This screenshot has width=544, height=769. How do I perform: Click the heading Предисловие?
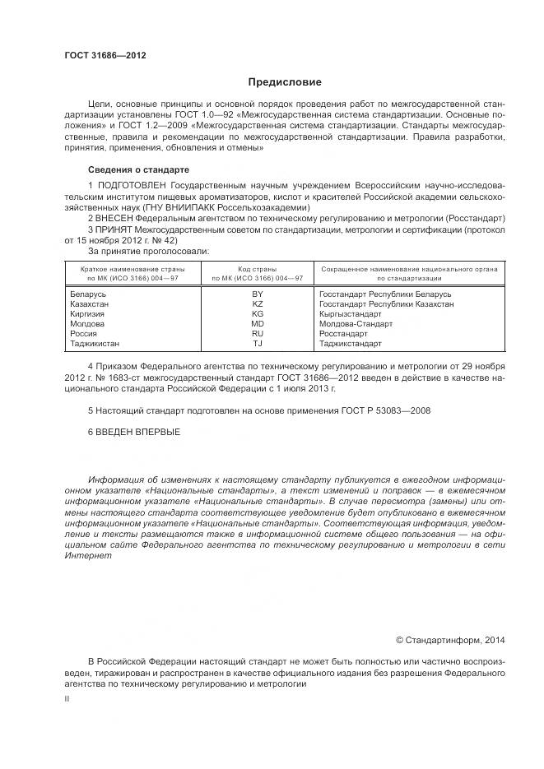[x=286, y=82]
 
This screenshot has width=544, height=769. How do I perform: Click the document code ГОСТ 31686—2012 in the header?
[x=105, y=55]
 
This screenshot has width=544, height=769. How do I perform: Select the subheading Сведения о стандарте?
[x=128, y=169]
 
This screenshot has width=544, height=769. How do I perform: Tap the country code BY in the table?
[x=258, y=294]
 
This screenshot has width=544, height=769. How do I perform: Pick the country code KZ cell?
[x=258, y=303]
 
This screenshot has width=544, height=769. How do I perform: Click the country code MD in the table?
[x=258, y=323]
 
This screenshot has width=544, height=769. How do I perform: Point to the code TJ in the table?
[x=258, y=343]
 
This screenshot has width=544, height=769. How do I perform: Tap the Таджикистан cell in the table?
[x=95, y=343]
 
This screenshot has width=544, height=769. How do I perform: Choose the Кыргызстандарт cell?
[x=351, y=313]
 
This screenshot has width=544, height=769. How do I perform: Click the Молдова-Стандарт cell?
[x=356, y=323]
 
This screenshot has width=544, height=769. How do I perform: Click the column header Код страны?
[x=258, y=269]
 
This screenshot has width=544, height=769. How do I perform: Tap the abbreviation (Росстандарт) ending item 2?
[x=477, y=218]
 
